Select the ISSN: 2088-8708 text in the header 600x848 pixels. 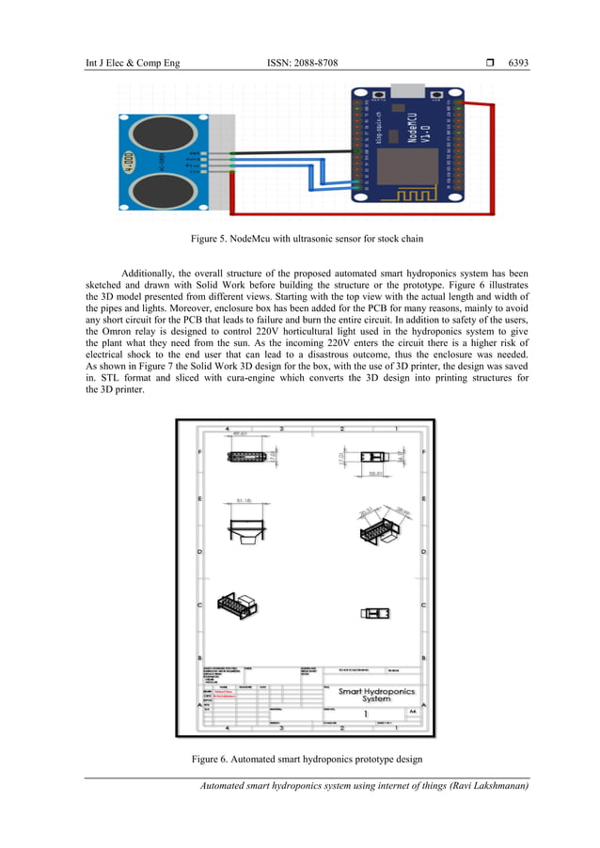click(x=303, y=63)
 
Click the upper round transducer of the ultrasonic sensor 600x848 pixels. click(x=154, y=131)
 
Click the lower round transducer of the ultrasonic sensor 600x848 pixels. click(x=154, y=191)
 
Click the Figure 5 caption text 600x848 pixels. click(x=308, y=240)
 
